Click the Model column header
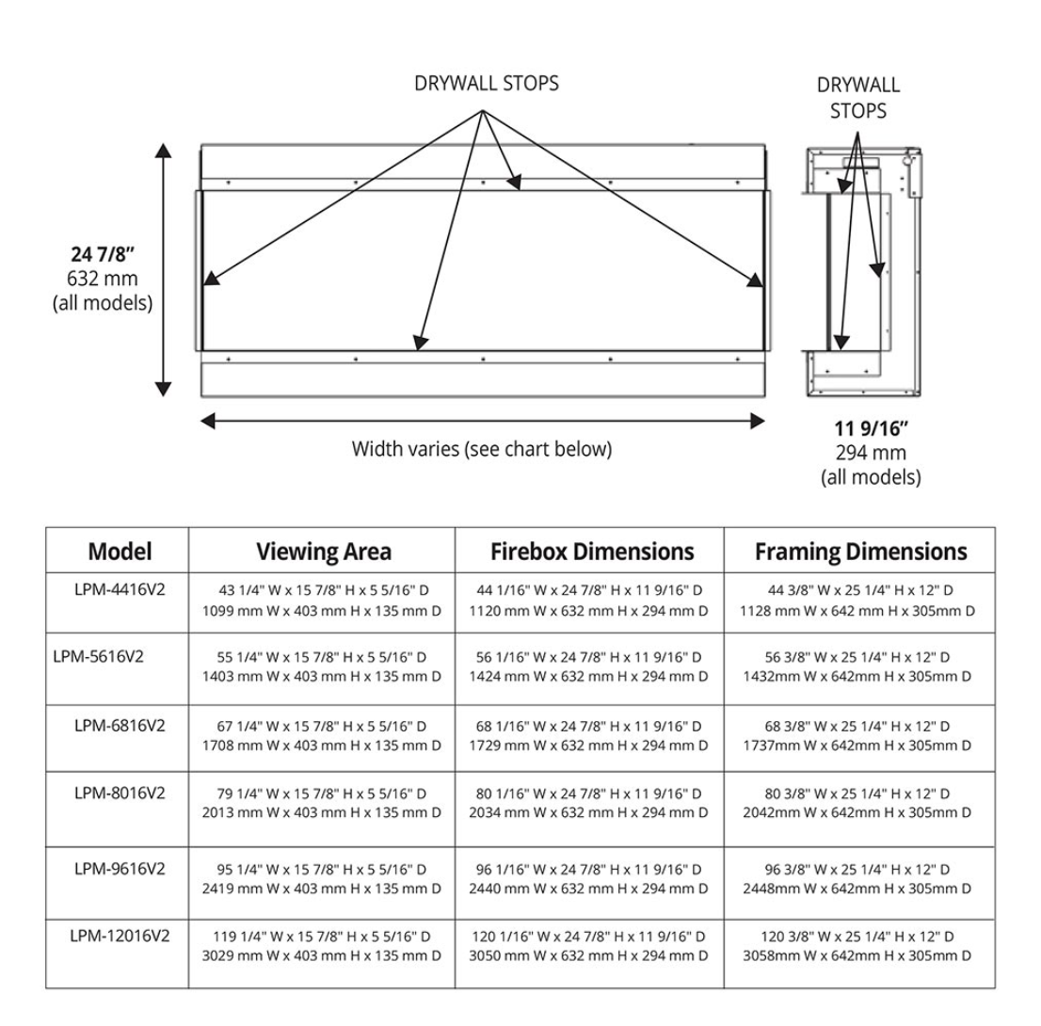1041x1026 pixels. click(120, 551)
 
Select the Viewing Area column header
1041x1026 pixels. click(324, 551)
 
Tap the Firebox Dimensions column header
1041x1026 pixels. click(592, 551)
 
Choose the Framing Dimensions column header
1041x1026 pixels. click(860, 551)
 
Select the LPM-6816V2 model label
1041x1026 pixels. click(120, 725)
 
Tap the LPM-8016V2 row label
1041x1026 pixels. click(120, 793)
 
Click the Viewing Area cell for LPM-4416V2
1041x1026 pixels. click(322, 601)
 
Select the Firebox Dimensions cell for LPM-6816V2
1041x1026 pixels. click(590, 736)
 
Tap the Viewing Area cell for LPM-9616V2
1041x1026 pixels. click(322, 879)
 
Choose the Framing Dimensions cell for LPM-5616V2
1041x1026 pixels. click(858, 667)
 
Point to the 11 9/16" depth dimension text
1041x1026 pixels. click(871, 431)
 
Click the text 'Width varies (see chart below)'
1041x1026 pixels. click(481, 449)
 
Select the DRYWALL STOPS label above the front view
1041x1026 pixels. click(486, 84)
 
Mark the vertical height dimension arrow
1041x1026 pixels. click(164, 270)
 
